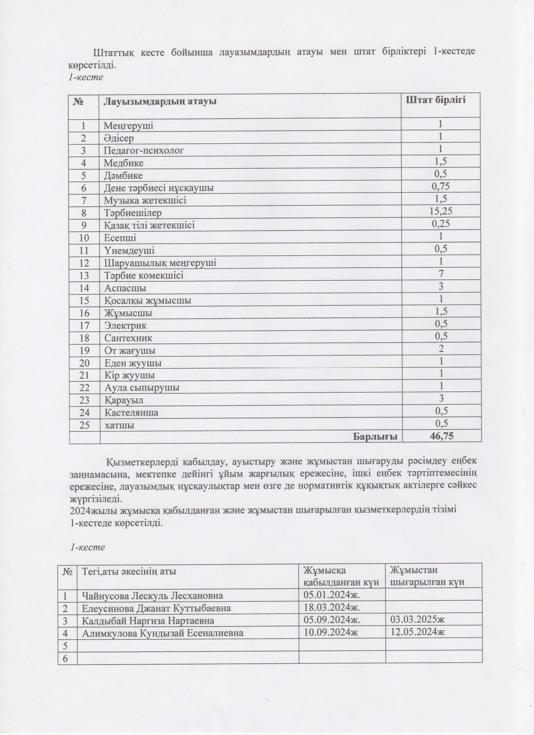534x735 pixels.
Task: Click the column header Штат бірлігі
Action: point(436,100)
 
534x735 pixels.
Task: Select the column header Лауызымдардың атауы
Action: point(160,101)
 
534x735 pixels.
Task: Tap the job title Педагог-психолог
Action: point(144,150)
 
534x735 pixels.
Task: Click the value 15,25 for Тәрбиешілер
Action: point(441,211)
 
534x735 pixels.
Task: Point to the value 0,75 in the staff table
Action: point(441,186)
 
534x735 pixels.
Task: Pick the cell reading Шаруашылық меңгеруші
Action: point(160,263)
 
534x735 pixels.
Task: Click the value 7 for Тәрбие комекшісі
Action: point(441,274)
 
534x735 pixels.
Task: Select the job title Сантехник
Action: point(128,338)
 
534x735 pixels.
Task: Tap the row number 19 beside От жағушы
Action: point(84,351)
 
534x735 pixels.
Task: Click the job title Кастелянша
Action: point(131,413)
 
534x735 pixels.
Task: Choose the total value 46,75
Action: point(441,436)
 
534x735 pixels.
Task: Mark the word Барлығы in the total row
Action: point(375,437)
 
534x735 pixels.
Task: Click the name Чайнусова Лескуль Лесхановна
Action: point(152,596)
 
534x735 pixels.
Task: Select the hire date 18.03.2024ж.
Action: point(332,607)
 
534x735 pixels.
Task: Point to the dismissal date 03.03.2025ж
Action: point(417,620)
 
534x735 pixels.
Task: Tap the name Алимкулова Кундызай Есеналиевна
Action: point(163,633)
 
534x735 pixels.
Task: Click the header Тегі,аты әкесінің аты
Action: point(129,571)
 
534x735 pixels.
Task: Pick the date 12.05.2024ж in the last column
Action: point(417,632)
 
